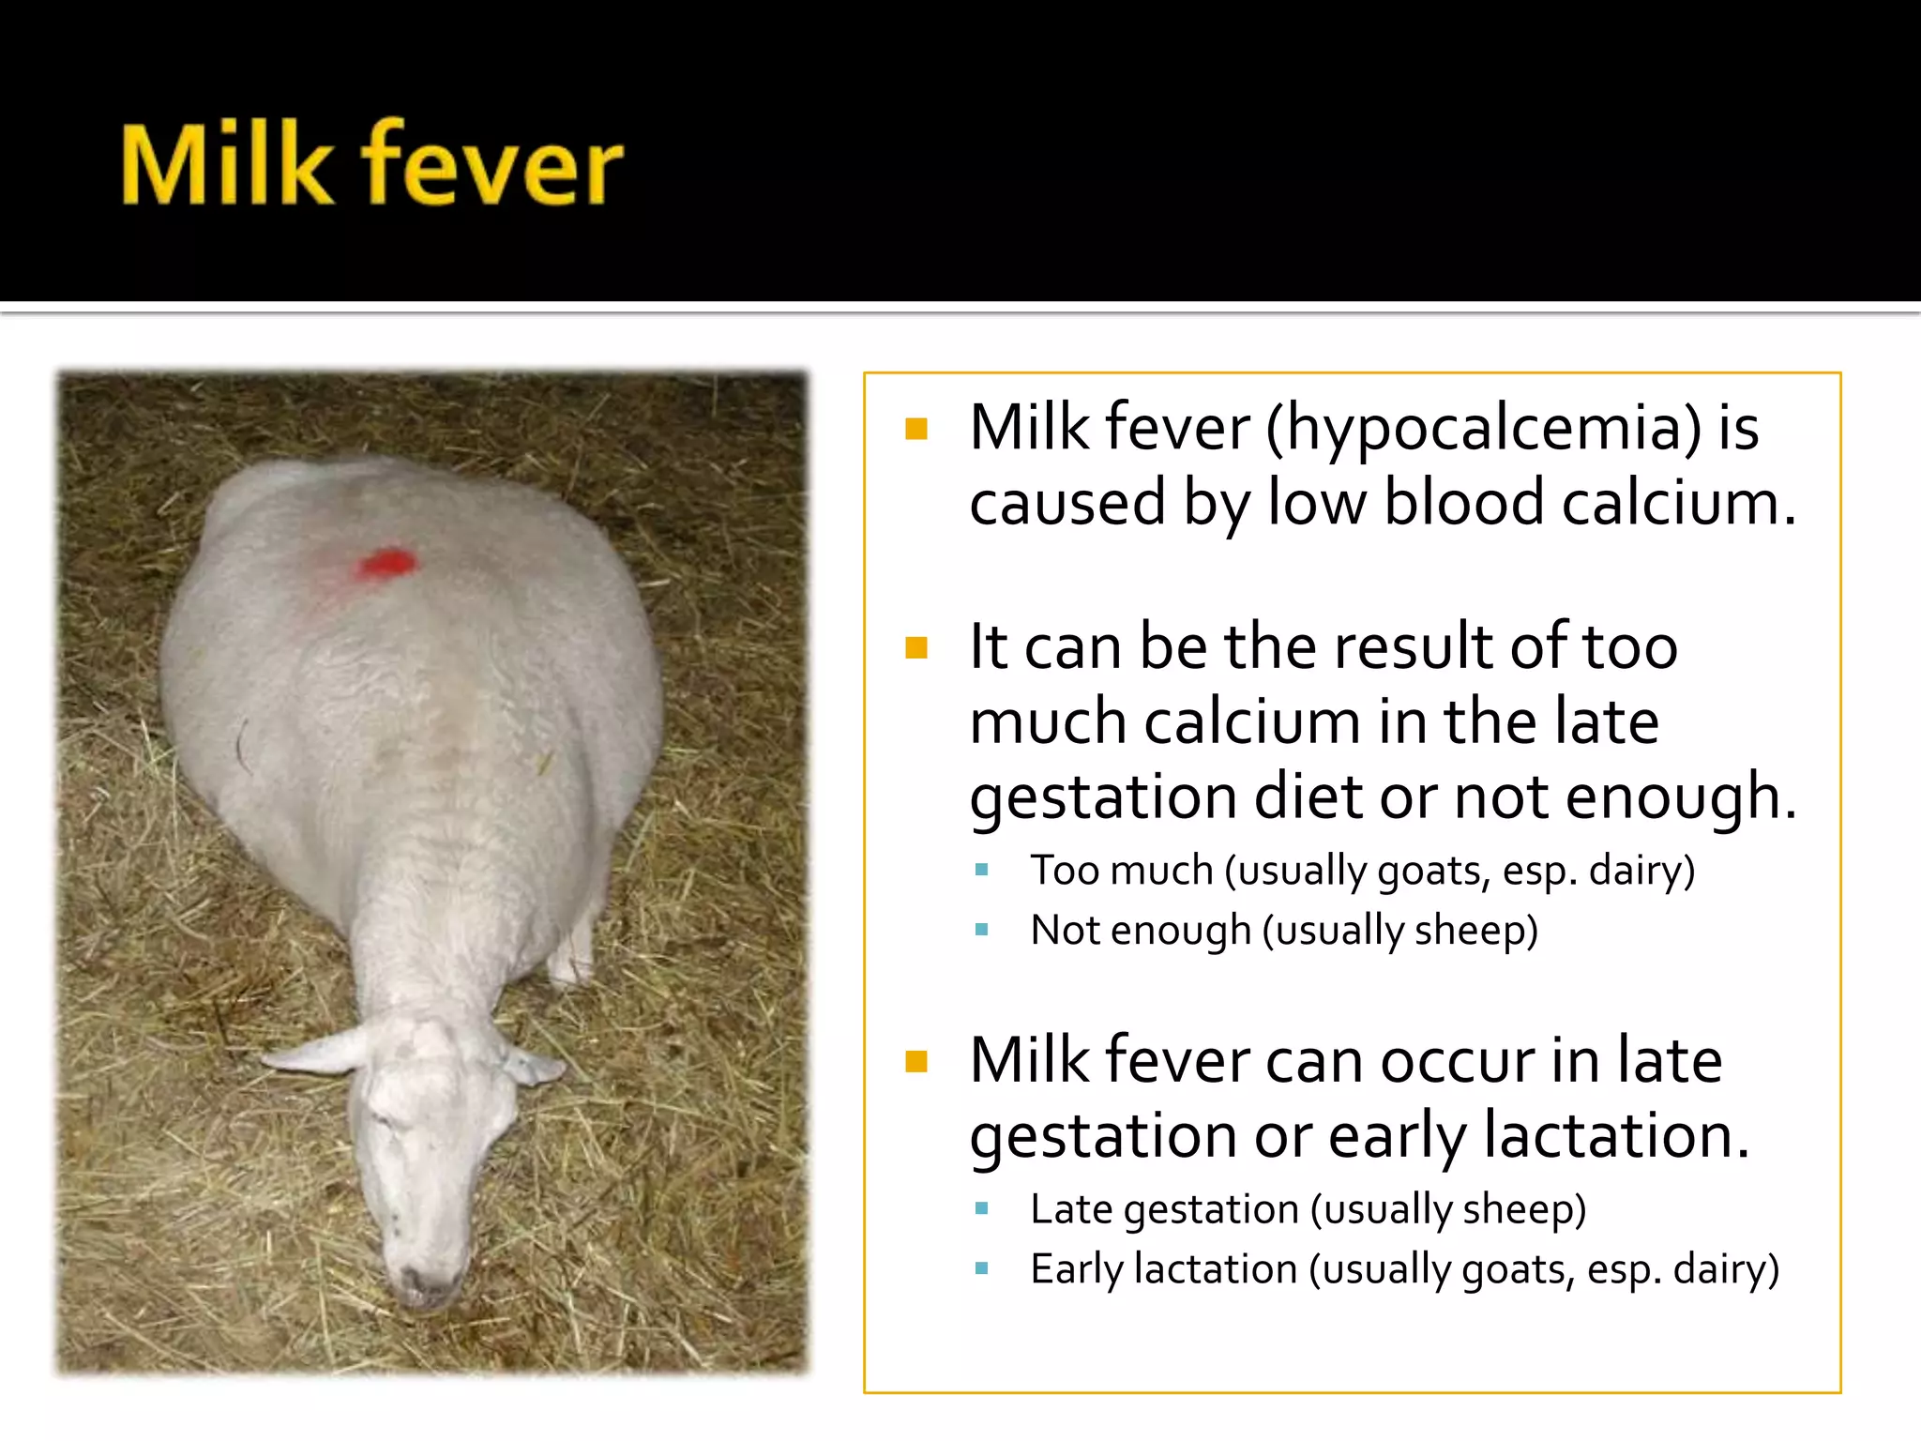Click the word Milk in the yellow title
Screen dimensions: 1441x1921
point(227,166)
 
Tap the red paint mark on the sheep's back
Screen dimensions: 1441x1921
point(386,563)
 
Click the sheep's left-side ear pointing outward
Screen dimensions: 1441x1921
point(314,1053)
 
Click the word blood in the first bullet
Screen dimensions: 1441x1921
point(1463,503)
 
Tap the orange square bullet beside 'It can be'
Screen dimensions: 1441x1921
point(916,647)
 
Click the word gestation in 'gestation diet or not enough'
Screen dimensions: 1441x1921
point(1103,797)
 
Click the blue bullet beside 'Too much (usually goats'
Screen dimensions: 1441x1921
point(982,871)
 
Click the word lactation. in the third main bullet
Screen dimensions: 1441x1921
point(1616,1136)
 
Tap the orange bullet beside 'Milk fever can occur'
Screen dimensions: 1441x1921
point(916,1061)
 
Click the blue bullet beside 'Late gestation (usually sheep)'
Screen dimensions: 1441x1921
point(982,1209)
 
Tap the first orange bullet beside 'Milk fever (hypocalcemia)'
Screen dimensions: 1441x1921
point(916,430)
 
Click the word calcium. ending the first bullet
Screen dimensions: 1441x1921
point(1679,503)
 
